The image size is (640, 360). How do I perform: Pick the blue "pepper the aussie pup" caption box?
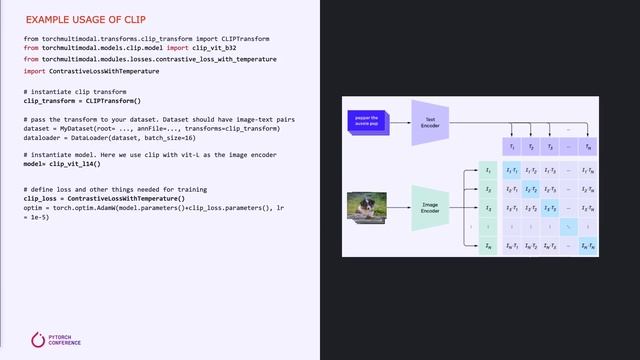pos(366,120)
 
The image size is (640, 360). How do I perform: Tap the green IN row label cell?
pos(487,246)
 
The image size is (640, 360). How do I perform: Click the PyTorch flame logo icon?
pos(38,340)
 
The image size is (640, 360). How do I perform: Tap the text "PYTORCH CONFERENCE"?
pos(63,340)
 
